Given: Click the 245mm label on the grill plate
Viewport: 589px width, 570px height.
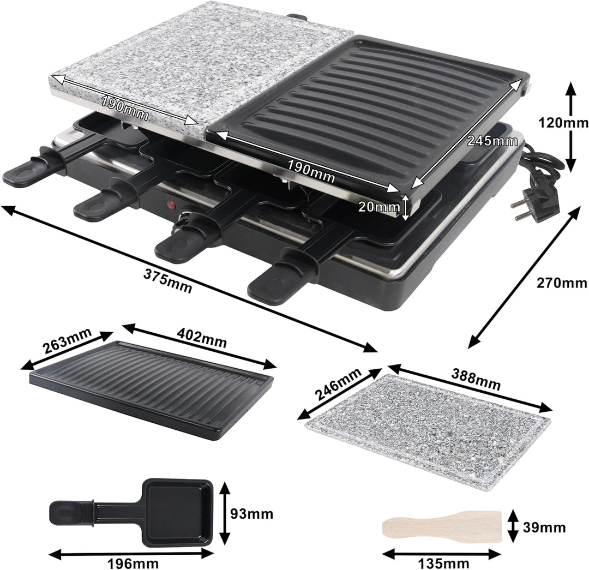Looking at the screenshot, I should pos(492,140).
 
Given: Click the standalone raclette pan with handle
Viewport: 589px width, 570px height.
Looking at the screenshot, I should pos(136,512).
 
